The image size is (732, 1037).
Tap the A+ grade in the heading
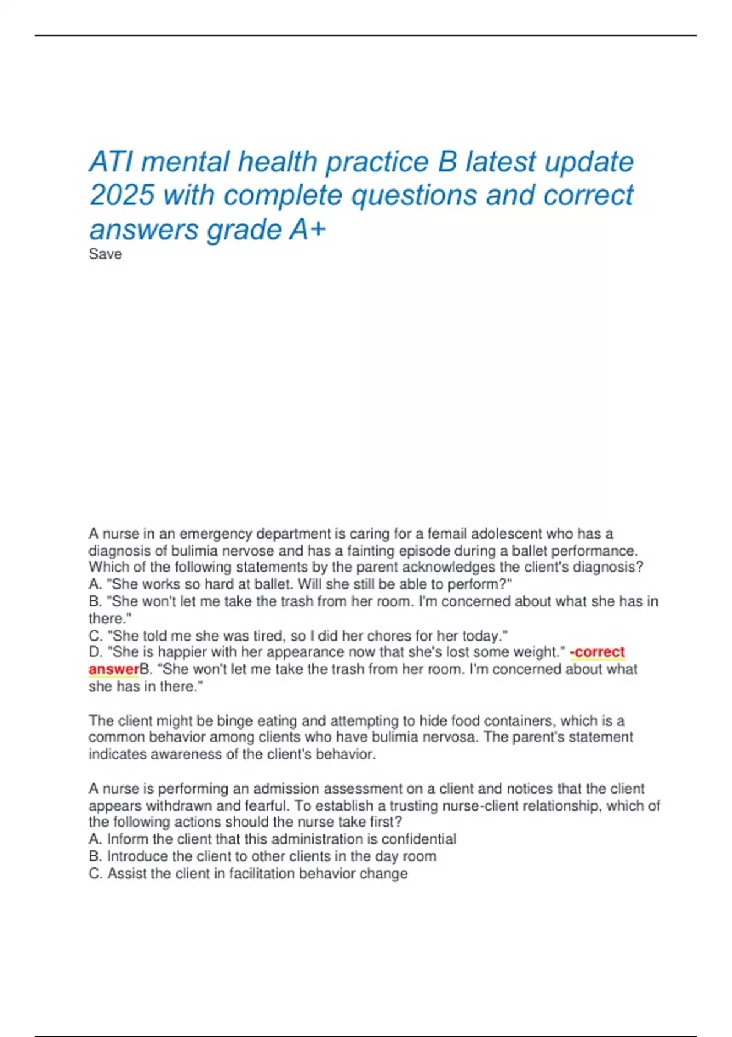pyautogui.click(x=307, y=230)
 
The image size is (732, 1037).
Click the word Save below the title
pyautogui.click(x=105, y=254)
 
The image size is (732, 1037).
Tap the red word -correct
pyautogui.click(x=597, y=652)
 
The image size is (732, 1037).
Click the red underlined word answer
pyautogui.click(x=114, y=669)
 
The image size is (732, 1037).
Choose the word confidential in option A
pyautogui.click(x=418, y=839)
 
